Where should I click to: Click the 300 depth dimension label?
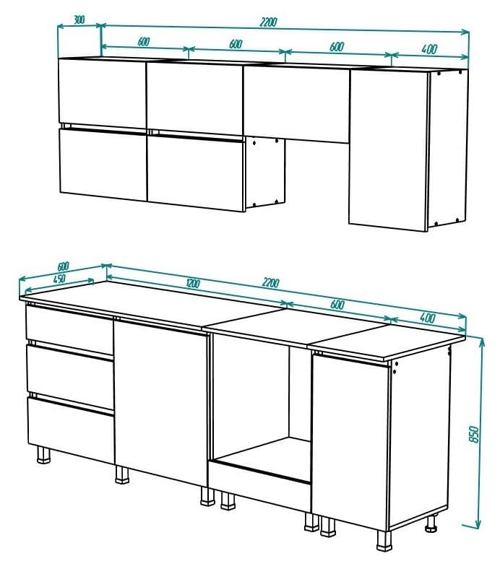pos(79,20)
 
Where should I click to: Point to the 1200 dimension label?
pos(192,284)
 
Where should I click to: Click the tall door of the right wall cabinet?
pos(388,149)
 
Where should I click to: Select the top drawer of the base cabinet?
pos(69,330)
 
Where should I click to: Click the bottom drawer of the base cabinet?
pos(70,425)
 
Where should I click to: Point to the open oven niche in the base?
pos(260,404)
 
